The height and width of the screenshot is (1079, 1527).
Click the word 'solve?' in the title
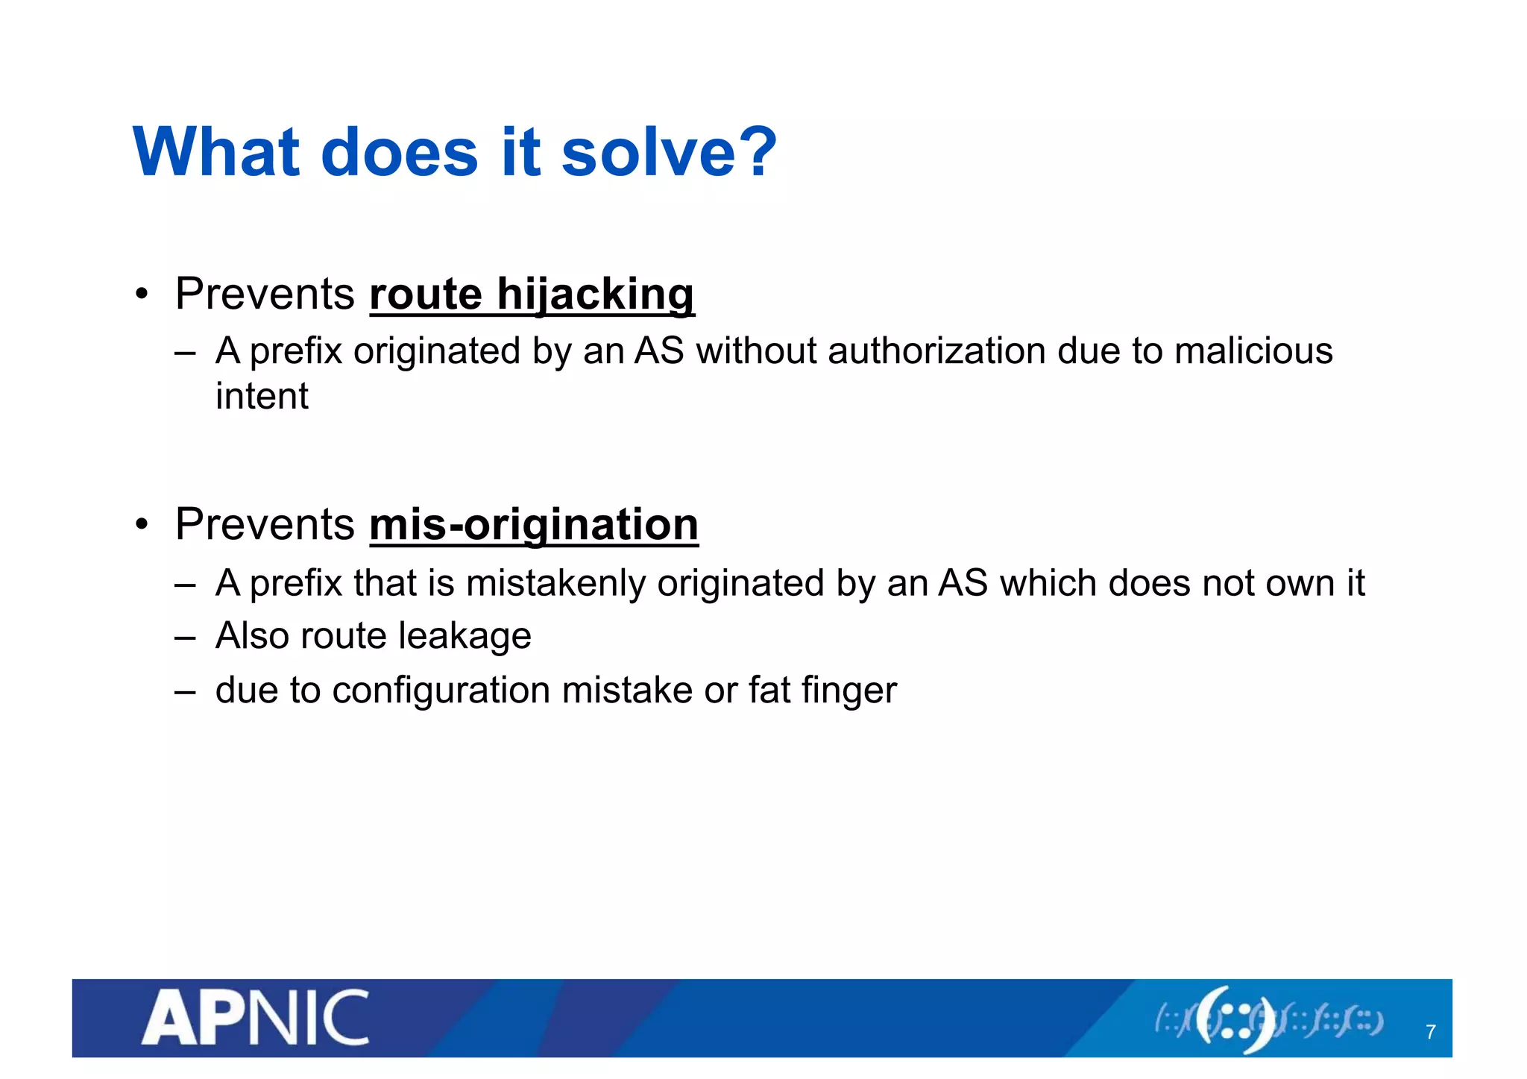point(668,152)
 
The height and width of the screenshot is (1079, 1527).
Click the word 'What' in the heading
point(216,152)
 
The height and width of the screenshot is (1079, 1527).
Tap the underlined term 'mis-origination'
point(534,525)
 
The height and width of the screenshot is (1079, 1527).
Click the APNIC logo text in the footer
point(256,1017)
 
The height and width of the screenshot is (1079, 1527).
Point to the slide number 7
point(1430,1032)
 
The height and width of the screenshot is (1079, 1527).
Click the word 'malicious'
point(1253,351)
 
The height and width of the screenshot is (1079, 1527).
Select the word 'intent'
point(262,396)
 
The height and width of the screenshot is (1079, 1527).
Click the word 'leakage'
point(465,636)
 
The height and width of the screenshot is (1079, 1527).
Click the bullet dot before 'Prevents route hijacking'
point(142,294)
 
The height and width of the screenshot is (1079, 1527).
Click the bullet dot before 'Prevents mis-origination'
point(142,525)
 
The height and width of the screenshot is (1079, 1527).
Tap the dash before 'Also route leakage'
point(185,638)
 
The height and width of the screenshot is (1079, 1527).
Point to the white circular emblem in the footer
point(1235,1019)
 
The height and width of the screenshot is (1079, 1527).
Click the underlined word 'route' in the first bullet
point(426,294)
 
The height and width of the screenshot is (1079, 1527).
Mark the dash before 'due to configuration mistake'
point(185,692)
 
